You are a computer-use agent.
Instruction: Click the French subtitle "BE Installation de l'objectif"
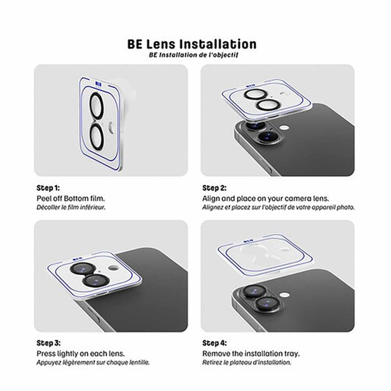[x=194, y=55]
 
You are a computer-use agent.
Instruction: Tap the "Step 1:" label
[x=48, y=188]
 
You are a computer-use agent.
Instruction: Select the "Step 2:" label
[x=215, y=188]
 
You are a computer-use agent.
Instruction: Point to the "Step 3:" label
[x=48, y=343]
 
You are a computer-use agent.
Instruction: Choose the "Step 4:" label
[x=215, y=343]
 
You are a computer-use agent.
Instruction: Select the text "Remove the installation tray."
[x=251, y=354]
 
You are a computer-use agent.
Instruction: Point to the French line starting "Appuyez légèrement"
[x=92, y=362]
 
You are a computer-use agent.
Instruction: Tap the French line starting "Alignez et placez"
[x=278, y=208]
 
